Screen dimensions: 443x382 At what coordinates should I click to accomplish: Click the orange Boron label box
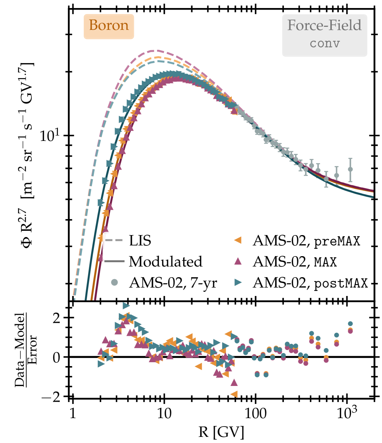pyautogui.click(x=109, y=26)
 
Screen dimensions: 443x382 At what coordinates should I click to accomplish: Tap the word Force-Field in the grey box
pyautogui.click(x=325, y=26)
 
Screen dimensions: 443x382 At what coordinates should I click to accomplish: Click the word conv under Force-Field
pyautogui.click(x=325, y=43)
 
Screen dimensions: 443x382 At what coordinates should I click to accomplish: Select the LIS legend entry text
pyautogui.click(x=140, y=242)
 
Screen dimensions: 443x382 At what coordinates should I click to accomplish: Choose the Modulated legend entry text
pyautogui.click(x=166, y=262)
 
